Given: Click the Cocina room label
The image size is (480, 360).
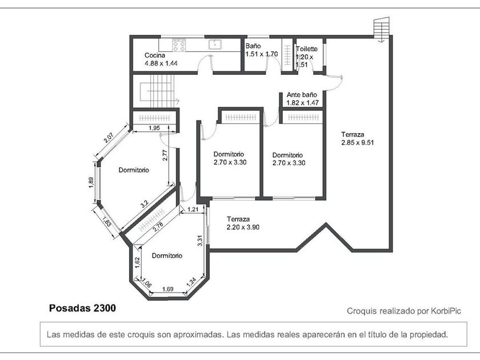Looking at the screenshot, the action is pyautogui.click(x=155, y=55).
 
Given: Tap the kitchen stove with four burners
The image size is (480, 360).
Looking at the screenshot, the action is pyautogui.click(x=179, y=45).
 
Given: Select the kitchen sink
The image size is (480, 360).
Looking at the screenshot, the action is pyautogui.click(x=215, y=45).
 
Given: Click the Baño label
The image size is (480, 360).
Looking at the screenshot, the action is pyautogui.click(x=253, y=46).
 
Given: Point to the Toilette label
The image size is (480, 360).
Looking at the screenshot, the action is pyautogui.click(x=307, y=49).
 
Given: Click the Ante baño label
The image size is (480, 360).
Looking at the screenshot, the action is pyautogui.click(x=302, y=95).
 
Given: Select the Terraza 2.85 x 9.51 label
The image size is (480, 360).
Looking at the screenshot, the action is pyautogui.click(x=358, y=138).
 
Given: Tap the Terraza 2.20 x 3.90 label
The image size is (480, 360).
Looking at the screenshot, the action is pyautogui.click(x=243, y=223).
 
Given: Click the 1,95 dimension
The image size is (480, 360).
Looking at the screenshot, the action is pyautogui.click(x=154, y=128).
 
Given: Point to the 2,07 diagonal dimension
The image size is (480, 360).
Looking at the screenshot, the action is pyautogui.click(x=109, y=138).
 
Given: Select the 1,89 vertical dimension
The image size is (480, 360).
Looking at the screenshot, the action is pyautogui.click(x=91, y=183).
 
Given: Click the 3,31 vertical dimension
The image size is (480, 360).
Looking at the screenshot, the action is pyautogui.click(x=200, y=241).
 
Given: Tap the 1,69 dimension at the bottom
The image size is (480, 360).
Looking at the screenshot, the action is pyautogui.click(x=168, y=289).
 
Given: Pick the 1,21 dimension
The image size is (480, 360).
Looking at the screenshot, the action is pyautogui.click(x=193, y=209).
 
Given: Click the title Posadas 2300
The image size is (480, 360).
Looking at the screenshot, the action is pyautogui.click(x=83, y=308).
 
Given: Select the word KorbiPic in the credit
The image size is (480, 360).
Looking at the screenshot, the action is pyautogui.click(x=446, y=311).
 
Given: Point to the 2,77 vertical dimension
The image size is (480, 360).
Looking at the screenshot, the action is pyautogui.click(x=165, y=155).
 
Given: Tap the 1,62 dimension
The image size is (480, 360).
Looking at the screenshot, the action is pyautogui.click(x=137, y=263).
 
